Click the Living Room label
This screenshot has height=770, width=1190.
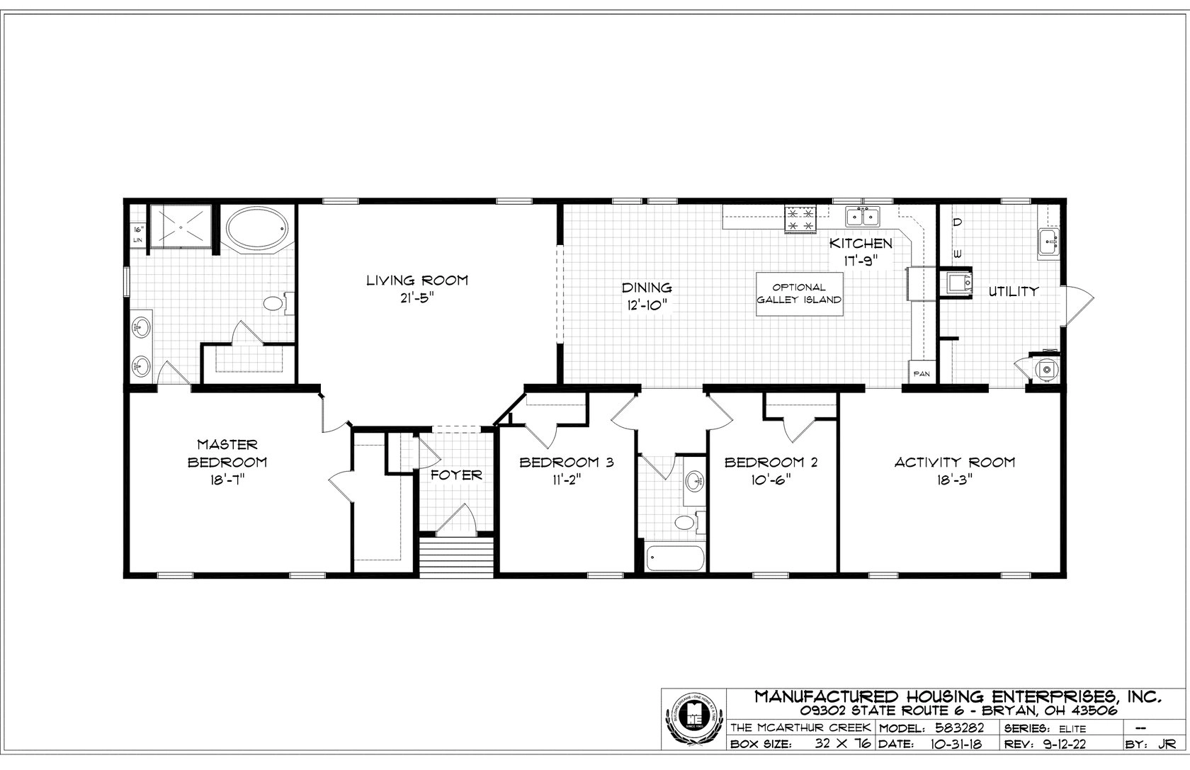(416, 280)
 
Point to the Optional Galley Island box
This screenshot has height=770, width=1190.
(799, 293)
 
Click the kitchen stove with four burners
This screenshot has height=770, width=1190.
(800, 218)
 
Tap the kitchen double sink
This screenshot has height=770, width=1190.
(862, 217)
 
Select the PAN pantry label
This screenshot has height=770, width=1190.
(922, 374)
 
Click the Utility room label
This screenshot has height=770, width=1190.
(1014, 291)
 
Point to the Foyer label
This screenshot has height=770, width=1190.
(456, 475)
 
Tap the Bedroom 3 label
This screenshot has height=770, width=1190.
(566, 463)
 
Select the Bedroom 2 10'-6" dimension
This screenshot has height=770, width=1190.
(771, 480)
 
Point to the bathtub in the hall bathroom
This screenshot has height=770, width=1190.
(674, 557)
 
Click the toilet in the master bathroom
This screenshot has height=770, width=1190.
(273, 305)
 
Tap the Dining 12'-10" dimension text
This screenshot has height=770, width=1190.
(647, 305)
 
